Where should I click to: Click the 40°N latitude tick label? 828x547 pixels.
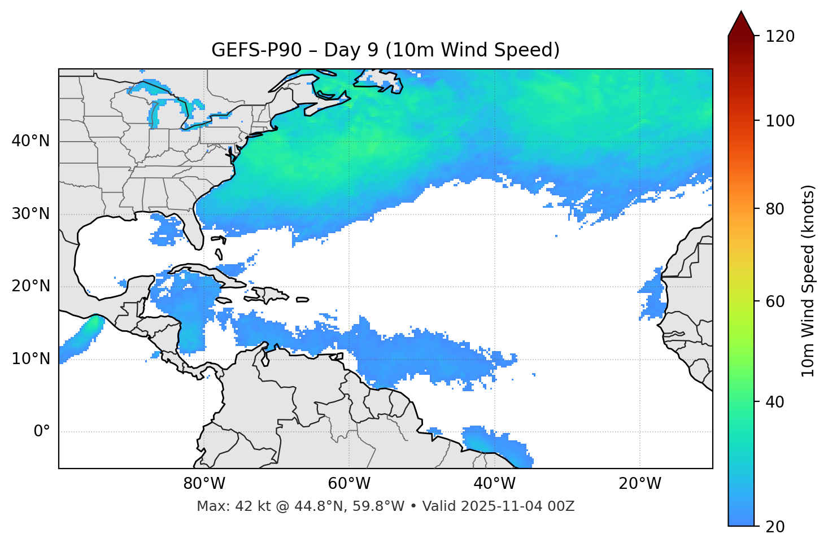point(30,141)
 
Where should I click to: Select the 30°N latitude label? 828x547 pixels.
point(30,214)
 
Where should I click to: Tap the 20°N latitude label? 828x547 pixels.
point(30,286)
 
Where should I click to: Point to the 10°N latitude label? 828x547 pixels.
point(30,359)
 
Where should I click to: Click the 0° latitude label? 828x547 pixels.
point(41,432)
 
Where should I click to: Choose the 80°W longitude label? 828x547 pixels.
point(204,484)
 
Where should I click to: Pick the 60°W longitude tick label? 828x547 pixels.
point(349,484)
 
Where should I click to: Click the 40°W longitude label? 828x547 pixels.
point(494,484)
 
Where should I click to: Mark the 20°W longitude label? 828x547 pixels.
point(639,484)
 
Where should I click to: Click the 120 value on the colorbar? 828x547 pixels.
point(779,37)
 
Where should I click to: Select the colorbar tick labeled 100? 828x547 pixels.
point(779,121)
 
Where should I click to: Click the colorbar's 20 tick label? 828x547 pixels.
point(775,527)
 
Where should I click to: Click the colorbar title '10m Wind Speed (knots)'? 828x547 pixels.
point(808,281)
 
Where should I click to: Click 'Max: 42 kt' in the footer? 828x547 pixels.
point(224,506)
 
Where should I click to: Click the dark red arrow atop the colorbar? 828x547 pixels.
point(741,25)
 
